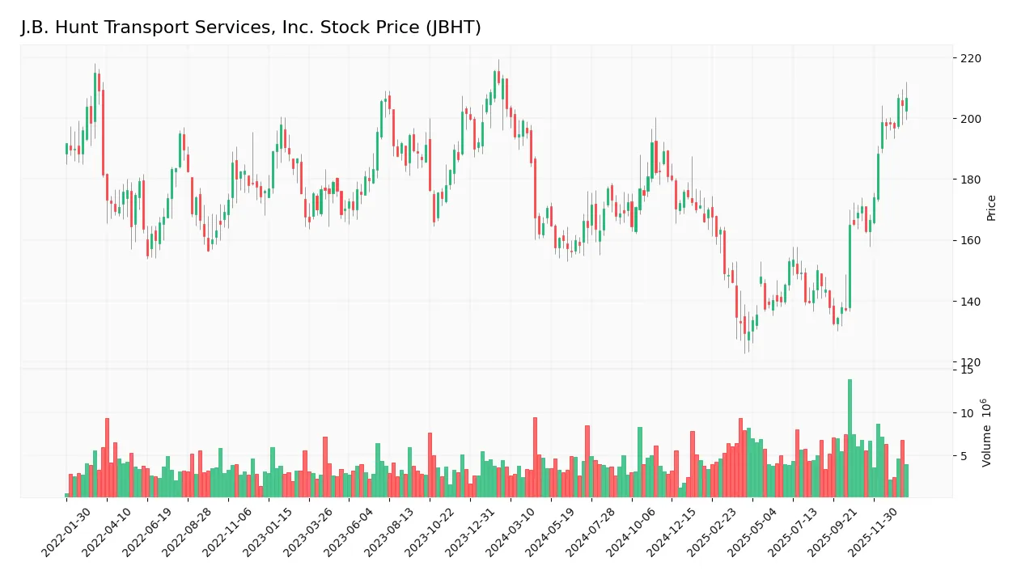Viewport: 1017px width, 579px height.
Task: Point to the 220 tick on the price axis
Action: [970, 58]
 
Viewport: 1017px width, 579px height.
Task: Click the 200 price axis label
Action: [970, 119]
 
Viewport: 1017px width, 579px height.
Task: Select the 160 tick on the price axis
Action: [970, 240]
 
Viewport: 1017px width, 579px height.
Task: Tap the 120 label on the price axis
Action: [970, 362]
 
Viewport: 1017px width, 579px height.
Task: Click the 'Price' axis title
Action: [991, 208]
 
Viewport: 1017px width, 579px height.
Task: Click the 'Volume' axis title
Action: [987, 433]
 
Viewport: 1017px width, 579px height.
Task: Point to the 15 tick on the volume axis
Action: [966, 370]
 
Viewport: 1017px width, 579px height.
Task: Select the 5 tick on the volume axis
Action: [963, 456]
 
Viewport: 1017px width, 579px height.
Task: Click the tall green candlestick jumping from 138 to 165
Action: [850, 266]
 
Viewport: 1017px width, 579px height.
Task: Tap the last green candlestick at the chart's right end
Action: [906, 104]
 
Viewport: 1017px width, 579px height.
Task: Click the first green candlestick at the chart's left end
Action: [66, 149]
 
